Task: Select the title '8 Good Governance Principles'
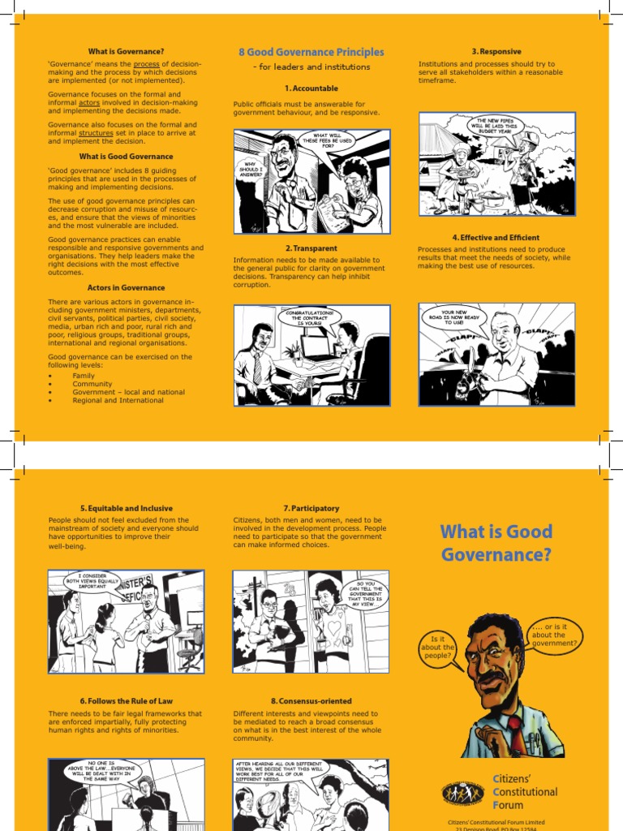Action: pyautogui.click(x=311, y=52)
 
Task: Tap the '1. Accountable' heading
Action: pyautogui.click(x=311, y=88)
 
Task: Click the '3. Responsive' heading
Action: pyautogui.click(x=496, y=52)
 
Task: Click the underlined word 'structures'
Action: pyautogui.click(x=96, y=133)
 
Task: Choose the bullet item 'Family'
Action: pyautogui.click(x=84, y=377)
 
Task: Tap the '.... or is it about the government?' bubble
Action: pyautogui.click(x=554, y=635)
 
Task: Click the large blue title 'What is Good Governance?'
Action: pyautogui.click(x=496, y=543)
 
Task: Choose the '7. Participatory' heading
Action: pyautogui.click(x=311, y=508)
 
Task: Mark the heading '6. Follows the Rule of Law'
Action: pyautogui.click(x=126, y=700)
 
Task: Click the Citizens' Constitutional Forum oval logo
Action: pyautogui.click(x=464, y=791)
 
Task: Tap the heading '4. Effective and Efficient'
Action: pyautogui.click(x=496, y=238)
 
